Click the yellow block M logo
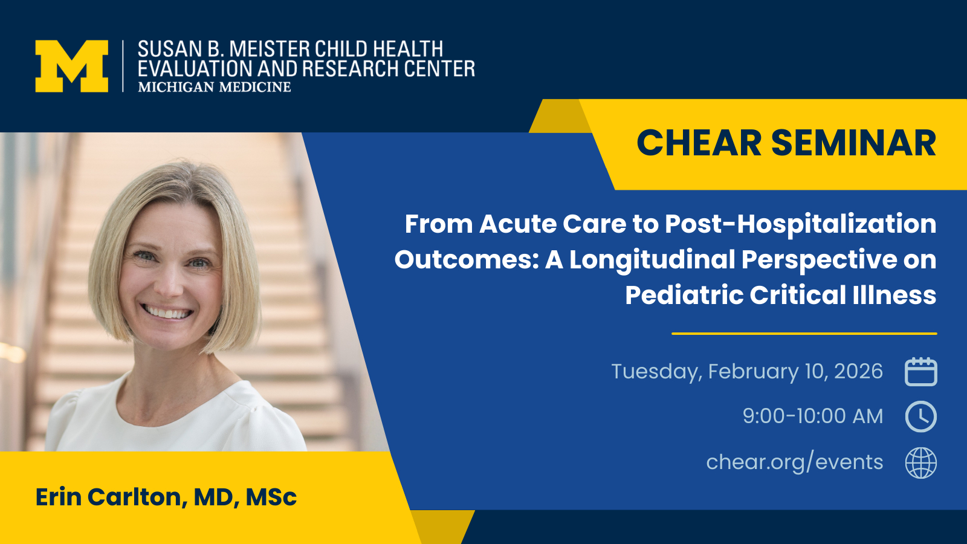pos(72,66)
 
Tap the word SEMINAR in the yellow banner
pos(853,143)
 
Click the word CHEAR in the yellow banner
pos(699,143)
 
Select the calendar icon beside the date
pos(921,371)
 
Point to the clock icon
pos(921,416)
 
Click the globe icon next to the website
pos(921,463)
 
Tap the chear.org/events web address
pos(794,462)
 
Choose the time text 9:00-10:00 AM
pos(812,416)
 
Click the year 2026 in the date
pos(858,371)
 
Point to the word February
pos(753,372)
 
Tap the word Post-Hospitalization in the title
pos(800,224)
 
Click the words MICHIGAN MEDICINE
pos(214,87)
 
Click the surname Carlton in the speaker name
pos(137,496)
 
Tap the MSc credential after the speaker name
pos(271,497)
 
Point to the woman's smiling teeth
pos(167,312)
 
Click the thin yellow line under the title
pos(804,334)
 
